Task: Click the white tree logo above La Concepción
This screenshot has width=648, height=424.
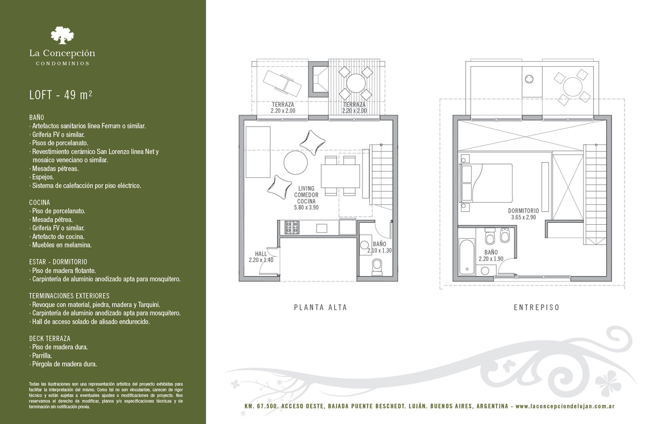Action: coord(62,35)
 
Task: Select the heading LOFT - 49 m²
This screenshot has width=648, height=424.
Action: coord(60,95)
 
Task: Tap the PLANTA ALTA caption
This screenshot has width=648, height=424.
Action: coord(321,307)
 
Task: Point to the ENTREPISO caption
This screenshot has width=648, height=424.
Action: coord(537,307)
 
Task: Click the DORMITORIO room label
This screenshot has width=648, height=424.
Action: coord(523,211)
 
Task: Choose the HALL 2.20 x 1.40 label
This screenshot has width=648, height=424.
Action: coord(261,257)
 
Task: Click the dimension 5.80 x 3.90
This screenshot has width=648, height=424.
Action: coord(307,207)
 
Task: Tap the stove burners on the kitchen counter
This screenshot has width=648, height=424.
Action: coord(292,227)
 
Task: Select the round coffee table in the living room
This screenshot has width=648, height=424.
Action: coord(296,162)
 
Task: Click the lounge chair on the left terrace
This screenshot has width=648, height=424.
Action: coord(282,83)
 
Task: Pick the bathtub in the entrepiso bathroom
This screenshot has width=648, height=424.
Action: coord(467,257)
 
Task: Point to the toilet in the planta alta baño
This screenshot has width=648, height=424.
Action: coord(377,267)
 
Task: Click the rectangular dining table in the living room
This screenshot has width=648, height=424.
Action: coord(340,176)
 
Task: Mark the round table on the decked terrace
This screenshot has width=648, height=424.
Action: coord(356,83)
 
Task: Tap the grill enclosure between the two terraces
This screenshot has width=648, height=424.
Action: coord(318,79)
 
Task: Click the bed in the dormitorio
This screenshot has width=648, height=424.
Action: coord(486,183)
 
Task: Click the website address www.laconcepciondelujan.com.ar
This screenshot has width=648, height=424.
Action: coord(565,406)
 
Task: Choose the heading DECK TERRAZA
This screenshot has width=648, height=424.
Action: coord(50,338)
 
